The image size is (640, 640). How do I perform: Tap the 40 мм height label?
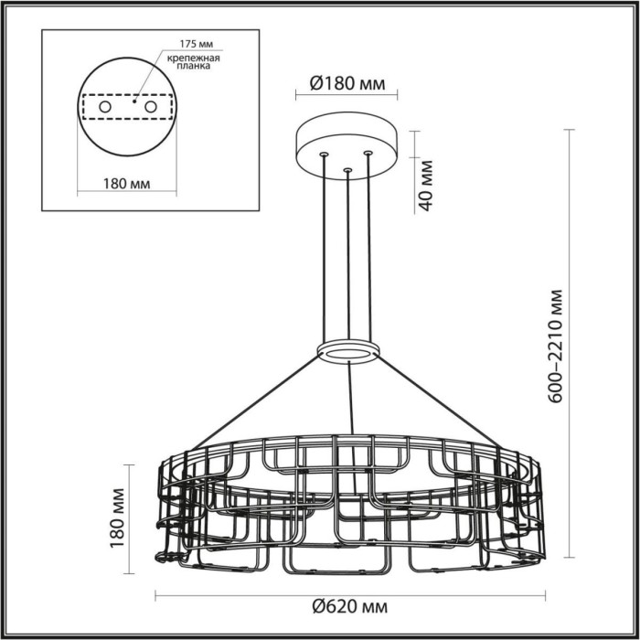(424, 184)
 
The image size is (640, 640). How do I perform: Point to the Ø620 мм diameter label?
(348, 606)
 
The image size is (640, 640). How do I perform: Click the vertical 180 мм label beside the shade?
(116, 518)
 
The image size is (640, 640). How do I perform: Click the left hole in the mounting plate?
(105, 108)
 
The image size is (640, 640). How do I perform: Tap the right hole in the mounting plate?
(151, 108)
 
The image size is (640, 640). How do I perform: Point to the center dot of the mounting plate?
(134, 101)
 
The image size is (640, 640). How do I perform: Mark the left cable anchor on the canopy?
(323, 155)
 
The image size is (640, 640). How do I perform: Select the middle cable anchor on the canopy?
(347, 169)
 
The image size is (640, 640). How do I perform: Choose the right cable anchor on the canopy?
(368, 153)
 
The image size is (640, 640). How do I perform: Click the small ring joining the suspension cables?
(348, 351)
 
